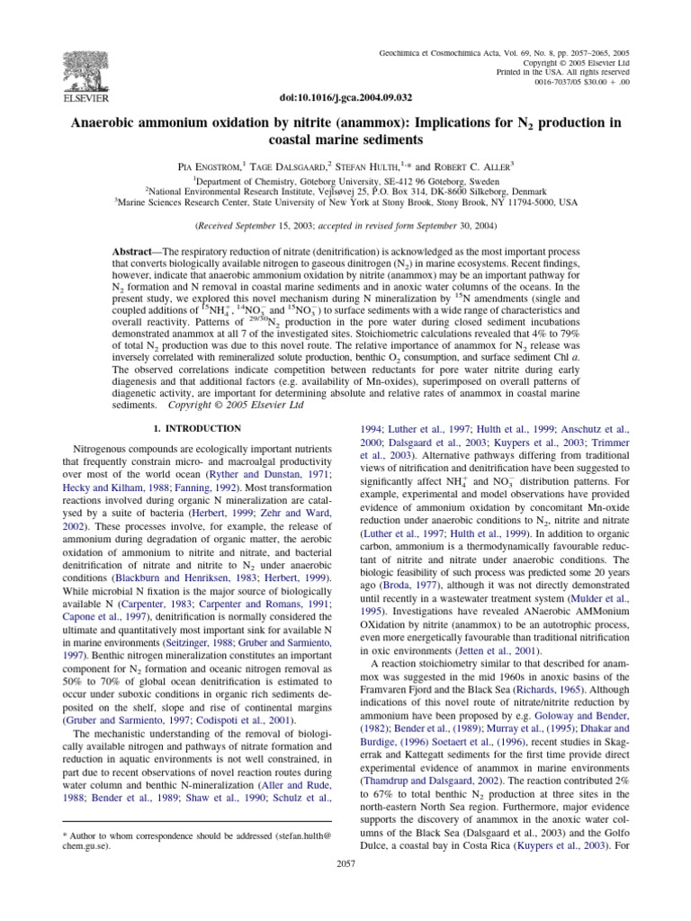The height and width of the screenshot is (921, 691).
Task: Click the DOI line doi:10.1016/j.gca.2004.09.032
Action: point(345,95)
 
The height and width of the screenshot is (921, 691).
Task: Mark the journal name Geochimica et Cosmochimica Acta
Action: point(462,55)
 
